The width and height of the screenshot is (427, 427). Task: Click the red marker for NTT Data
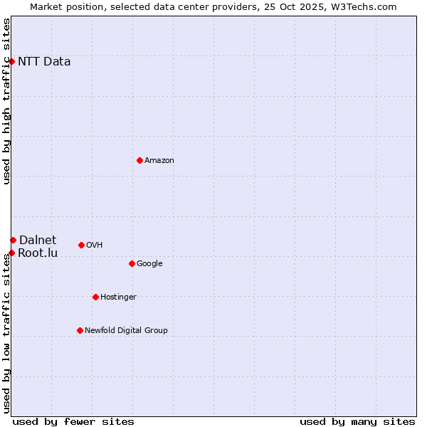(12, 62)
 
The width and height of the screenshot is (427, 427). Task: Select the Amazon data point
(139, 160)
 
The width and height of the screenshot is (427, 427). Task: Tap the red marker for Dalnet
(13, 241)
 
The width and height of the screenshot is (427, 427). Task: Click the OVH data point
(81, 246)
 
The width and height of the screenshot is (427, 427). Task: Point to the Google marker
(132, 264)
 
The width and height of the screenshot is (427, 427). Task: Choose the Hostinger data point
(95, 297)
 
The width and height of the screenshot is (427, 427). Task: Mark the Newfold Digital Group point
(80, 331)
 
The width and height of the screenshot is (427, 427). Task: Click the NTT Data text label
(44, 62)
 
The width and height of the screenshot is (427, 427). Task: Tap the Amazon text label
(159, 161)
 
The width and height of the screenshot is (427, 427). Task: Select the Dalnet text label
(38, 241)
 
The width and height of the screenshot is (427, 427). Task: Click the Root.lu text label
(38, 253)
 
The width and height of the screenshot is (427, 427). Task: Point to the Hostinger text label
(118, 297)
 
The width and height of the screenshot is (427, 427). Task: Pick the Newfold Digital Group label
(126, 331)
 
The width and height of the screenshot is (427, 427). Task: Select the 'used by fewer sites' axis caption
(73, 421)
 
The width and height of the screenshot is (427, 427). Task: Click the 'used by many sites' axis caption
(357, 421)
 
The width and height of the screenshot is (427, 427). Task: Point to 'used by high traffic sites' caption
(7, 101)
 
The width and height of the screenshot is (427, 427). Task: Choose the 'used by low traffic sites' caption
(7, 334)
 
